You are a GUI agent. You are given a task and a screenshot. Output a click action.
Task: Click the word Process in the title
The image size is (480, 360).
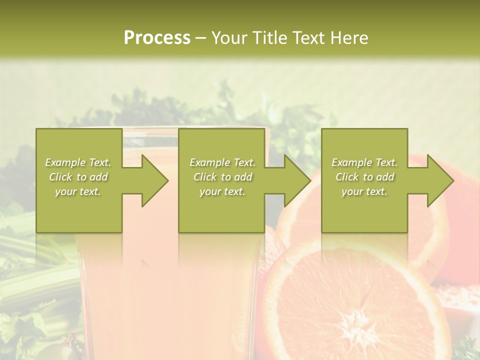(x=157, y=38)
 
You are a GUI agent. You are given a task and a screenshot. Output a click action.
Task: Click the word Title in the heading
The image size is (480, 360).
(x=269, y=38)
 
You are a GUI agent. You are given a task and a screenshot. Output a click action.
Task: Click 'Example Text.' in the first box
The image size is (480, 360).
(x=78, y=162)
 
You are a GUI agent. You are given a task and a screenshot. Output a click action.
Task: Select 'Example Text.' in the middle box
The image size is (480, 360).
(x=222, y=162)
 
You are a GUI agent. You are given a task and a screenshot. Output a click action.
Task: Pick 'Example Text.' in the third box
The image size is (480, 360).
(x=364, y=162)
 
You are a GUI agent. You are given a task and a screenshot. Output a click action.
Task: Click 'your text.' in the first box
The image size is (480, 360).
(x=78, y=191)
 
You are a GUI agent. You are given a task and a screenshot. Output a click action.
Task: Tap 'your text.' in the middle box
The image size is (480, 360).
(x=222, y=191)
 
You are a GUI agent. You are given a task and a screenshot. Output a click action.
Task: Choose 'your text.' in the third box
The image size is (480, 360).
(x=364, y=191)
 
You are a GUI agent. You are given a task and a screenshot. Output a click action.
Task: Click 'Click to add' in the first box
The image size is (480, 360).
(x=78, y=177)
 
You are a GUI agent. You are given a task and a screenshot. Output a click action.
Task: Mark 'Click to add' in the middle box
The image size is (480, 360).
(x=222, y=177)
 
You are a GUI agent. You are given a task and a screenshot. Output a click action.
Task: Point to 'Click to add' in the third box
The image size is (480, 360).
(x=364, y=177)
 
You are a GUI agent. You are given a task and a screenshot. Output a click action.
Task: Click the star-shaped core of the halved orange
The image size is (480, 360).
(x=356, y=320)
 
